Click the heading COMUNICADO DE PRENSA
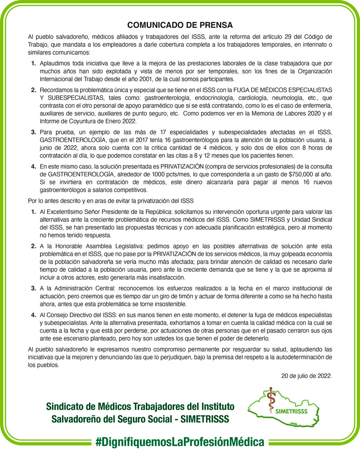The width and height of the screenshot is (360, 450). pyautogui.click(x=180, y=25)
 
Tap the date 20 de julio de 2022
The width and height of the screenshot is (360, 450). pyautogui.click(x=306, y=375)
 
